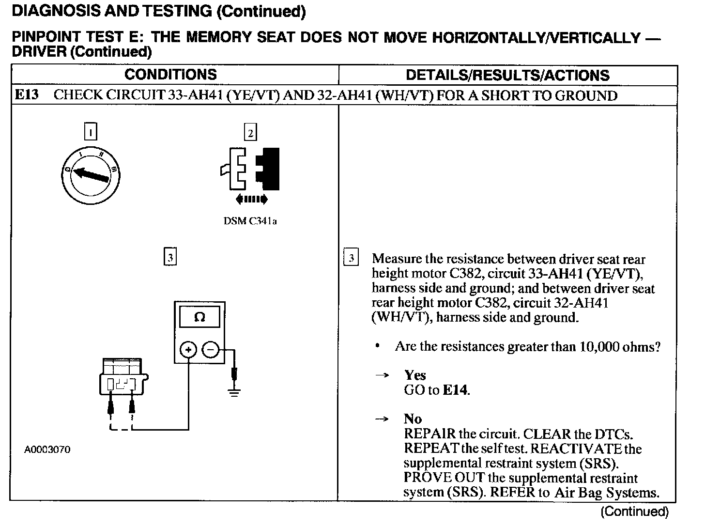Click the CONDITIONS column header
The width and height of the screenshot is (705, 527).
click(170, 75)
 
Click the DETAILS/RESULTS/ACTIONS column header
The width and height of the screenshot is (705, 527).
click(507, 75)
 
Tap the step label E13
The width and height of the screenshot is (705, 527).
click(27, 94)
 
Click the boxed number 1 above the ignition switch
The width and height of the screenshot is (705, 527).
click(90, 132)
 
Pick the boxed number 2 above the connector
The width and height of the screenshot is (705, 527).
click(250, 132)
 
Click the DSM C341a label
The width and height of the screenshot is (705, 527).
click(250, 221)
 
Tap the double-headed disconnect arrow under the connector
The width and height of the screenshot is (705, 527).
click(250, 199)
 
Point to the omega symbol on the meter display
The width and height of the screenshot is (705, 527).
click(199, 317)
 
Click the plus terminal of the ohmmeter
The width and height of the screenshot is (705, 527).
click(188, 349)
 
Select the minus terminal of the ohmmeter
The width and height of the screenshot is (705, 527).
click(210, 349)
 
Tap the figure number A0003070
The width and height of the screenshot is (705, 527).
click(47, 449)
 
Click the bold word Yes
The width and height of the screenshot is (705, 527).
click(415, 375)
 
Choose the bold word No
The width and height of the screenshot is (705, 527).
click(413, 418)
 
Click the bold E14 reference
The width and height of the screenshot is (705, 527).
click(456, 390)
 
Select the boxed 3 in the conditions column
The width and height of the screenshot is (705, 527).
click(170, 257)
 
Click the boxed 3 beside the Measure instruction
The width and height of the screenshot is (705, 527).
click(351, 258)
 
